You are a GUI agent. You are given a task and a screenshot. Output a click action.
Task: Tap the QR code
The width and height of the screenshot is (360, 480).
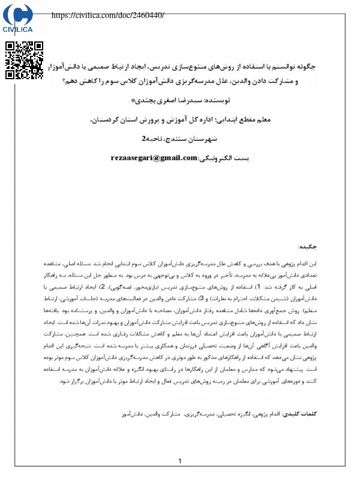[x=25, y=61]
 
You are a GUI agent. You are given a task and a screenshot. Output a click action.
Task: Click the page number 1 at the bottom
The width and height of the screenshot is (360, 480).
[x=180, y=461]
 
